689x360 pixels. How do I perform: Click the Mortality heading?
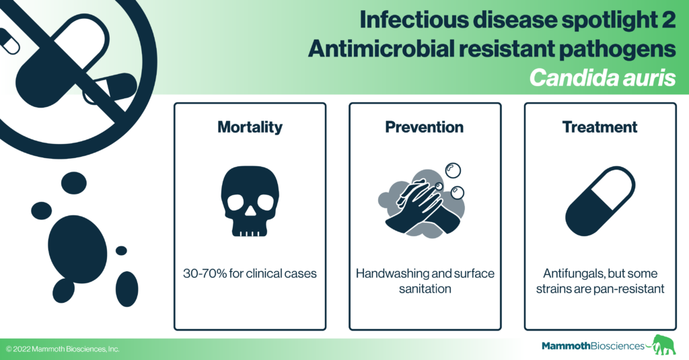250,127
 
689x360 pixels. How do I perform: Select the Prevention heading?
425,127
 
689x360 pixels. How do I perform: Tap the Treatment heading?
600,127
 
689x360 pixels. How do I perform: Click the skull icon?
250,201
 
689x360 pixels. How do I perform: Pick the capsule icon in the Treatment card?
600,201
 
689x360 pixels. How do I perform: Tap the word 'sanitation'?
425,289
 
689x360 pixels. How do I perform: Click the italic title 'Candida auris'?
602,78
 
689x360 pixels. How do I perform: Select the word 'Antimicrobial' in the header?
381,49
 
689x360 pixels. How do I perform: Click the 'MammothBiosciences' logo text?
593,346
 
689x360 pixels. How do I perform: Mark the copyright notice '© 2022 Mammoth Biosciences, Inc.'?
63,349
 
